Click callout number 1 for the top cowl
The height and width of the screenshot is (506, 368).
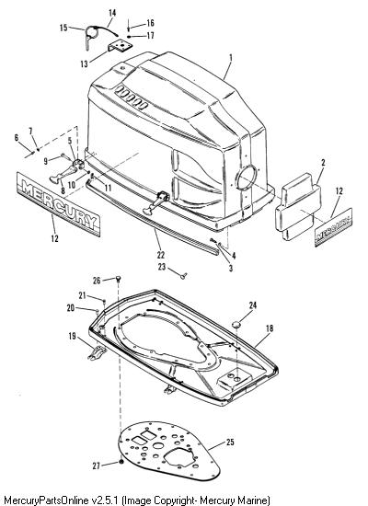pyautogui.click(x=231, y=58)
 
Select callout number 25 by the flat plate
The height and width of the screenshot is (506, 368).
pyautogui.click(x=230, y=442)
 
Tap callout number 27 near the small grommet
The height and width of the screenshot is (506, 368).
pyautogui.click(x=97, y=466)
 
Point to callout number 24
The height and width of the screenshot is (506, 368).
pyautogui.click(x=253, y=305)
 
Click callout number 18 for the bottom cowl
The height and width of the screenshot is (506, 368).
pyautogui.click(x=270, y=328)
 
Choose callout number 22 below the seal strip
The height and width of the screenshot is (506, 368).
pyautogui.click(x=161, y=255)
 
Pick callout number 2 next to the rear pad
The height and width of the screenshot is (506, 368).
pyautogui.click(x=323, y=162)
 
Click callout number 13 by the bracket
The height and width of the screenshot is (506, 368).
pyautogui.click(x=84, y=63)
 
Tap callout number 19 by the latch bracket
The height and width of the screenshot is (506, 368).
pyautogui.click(x=72, y=336)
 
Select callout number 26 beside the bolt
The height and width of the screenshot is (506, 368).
pyautogui.click(x=97, y=281)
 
